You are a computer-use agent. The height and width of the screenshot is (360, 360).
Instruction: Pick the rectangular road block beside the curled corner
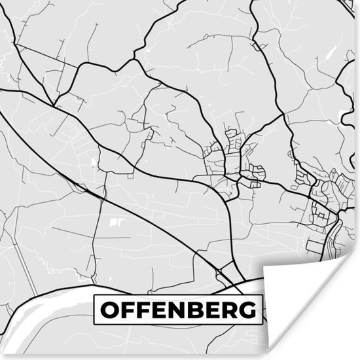pyautogui.click(x=315, y=247)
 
